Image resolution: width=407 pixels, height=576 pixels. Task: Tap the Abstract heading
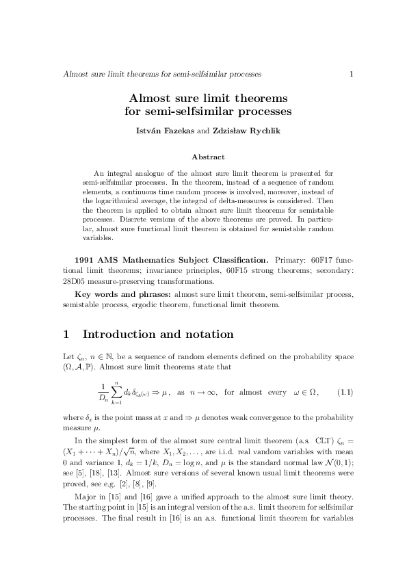204,157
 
